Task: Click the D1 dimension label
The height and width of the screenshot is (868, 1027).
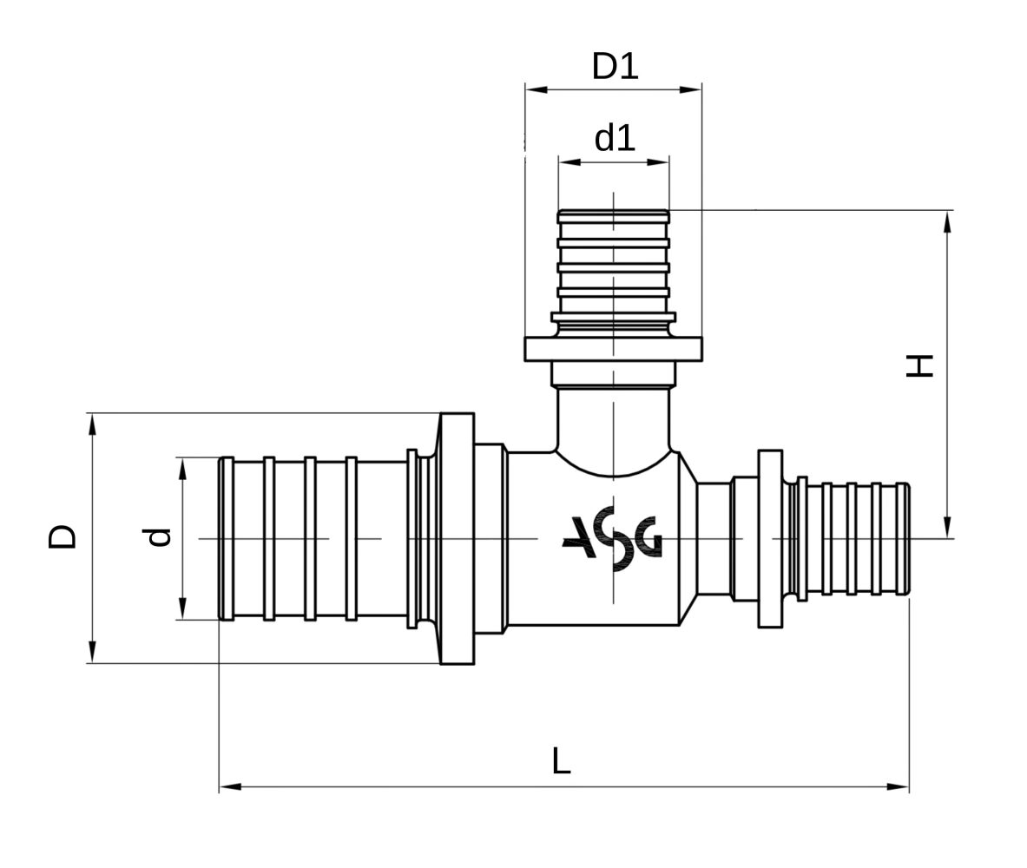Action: click(x=615, y=66)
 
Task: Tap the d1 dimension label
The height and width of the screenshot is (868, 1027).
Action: click(x=615, y=138)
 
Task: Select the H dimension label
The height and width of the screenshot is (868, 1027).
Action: click(x=919, y=365)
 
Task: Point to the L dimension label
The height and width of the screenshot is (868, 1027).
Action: click(x=562, y=760)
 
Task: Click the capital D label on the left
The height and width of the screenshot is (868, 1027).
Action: click(x=63, y=536)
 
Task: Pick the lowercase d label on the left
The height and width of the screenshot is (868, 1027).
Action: click(x=158, y=537)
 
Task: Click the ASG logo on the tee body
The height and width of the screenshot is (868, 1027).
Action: click(x=612, y=538)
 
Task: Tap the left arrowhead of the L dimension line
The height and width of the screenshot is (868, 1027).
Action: click(x=230, y=786)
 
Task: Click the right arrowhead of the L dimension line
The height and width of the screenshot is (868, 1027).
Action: click(x=898, y=786)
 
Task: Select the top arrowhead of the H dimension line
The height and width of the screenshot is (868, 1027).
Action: click(x=947, y=221)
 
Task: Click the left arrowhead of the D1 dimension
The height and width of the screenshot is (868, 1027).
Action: click(x=537, y=89)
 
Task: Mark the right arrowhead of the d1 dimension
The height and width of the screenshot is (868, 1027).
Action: click(x=658, y=161)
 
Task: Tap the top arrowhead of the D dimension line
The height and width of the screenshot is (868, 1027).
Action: click(x=92, y=424)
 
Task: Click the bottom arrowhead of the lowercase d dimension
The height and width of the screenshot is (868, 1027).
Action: click(x=182, y=608)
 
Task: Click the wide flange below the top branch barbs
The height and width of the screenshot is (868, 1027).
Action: click(x=614, y=349)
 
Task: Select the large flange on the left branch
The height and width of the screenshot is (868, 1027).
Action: click(x=457, y=538)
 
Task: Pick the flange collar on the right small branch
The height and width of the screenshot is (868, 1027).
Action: click(x=770, y=538)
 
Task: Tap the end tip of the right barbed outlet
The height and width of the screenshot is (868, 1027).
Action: click(x=907, y=538)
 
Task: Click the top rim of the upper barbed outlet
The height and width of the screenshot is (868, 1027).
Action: click(x=614, y=213)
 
